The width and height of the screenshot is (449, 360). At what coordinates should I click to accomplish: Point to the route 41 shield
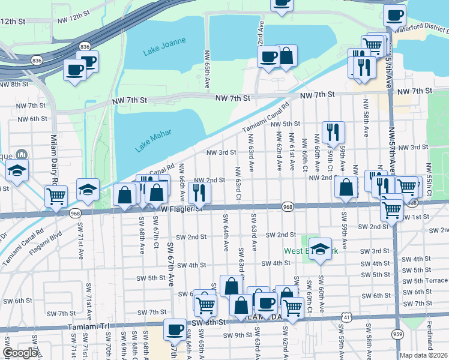pos(347,316)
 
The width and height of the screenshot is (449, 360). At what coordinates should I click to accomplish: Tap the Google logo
pos(20,353)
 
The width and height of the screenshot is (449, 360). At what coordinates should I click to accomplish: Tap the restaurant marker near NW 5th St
pos(333,132)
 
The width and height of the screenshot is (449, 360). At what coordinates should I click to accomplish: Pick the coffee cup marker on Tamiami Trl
pos(175,328)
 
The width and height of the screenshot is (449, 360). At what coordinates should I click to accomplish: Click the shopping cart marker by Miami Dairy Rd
pos(56,195)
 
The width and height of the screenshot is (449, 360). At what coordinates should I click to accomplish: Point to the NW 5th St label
pos(285,124)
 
